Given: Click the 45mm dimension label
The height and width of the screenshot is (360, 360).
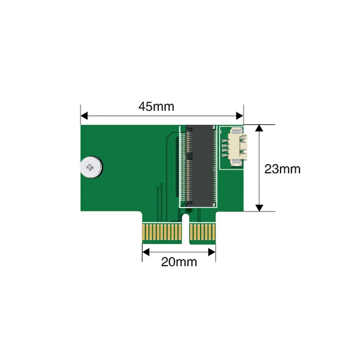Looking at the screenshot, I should click(156, 107).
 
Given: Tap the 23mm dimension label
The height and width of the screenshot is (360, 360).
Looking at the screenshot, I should click(282, 169).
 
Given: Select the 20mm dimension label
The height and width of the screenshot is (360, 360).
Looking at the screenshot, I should click(179, 262).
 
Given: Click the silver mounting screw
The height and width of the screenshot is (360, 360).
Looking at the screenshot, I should click(90, 167).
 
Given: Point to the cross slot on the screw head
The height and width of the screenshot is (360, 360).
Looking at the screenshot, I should click(90, 167).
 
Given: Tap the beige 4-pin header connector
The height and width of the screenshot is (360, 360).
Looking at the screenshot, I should click(238, 147).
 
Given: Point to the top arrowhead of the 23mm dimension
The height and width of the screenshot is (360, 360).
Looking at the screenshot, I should click(259, 128).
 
